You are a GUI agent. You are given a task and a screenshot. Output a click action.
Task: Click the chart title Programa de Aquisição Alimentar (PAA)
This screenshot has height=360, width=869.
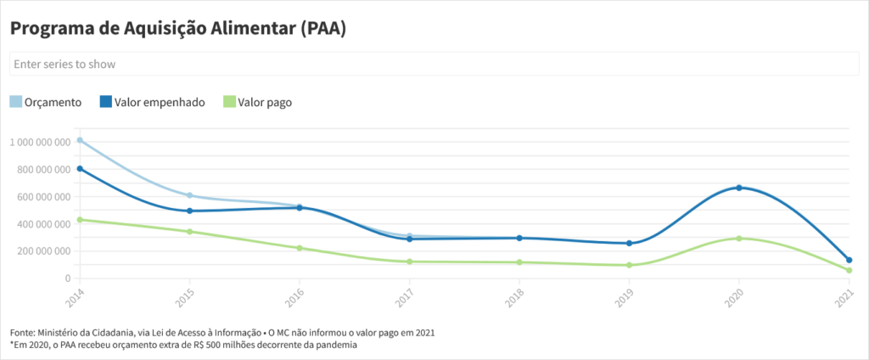point(178,28)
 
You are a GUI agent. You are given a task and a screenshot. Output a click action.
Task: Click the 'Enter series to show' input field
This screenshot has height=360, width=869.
point(428,64)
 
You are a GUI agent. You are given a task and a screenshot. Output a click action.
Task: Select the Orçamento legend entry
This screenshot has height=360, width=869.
point(46,102)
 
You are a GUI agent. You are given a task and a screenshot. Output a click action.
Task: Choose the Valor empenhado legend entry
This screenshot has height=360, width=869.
point(152,102)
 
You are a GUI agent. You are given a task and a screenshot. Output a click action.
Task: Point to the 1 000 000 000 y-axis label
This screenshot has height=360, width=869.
point(40,143)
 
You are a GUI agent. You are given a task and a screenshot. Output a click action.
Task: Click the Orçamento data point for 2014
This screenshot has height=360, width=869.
point(80,140)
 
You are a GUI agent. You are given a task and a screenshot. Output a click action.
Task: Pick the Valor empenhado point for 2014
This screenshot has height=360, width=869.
point(80,168)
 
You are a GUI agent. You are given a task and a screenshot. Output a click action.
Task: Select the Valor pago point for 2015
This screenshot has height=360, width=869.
point(189,232)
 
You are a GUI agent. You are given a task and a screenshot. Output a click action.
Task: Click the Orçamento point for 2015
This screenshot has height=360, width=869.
point(189,195)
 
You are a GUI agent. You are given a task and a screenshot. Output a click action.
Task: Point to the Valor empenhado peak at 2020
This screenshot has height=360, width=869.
point(739,188)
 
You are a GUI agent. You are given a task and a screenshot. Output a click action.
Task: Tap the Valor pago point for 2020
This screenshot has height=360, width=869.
point(739,239)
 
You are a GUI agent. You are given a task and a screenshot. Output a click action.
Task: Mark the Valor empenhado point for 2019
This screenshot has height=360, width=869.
point(629,244)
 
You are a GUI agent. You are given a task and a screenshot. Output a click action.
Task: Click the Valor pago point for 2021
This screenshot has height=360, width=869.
point(849,271)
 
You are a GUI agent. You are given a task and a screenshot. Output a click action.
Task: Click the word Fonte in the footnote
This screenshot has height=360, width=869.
point(24,332)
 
